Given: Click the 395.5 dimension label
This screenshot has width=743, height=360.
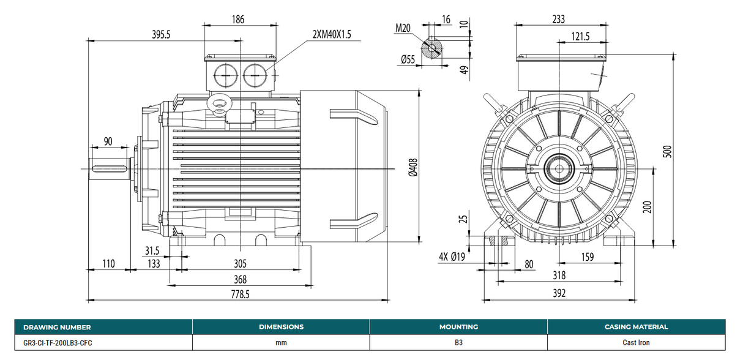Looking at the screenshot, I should (x=161, y=35).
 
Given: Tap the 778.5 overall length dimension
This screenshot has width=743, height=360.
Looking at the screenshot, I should (x=240, y=294).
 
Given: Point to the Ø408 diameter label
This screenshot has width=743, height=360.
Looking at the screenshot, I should (x=413, y=167).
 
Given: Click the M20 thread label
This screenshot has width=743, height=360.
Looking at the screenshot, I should (x=402, y=28).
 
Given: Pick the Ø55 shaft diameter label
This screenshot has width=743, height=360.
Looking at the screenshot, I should (x=408, y=59).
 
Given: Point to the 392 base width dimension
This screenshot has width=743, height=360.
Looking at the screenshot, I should (x=559, y=293).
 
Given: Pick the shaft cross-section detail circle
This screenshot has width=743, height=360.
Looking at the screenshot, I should (x=433, y=48).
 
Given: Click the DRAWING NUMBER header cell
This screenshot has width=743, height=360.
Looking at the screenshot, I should (x=58, y=328).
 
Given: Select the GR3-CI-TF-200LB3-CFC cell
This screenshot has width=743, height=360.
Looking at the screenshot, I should (x=58, y=343).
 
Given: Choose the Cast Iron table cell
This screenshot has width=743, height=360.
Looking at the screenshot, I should (x=636, y=343).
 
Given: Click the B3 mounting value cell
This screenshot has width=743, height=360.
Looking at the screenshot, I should (x=458, y=343).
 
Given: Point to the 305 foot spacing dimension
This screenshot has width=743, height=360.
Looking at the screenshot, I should (x=240, y=264).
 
